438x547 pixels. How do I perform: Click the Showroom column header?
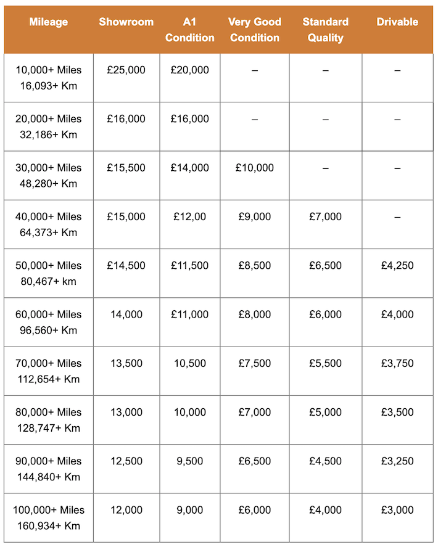[126, 22]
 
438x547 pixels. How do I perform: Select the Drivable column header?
[397, 22]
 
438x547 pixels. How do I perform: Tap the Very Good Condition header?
[255, 30]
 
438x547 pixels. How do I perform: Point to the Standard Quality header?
[325, 30]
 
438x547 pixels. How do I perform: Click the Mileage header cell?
[48, 22]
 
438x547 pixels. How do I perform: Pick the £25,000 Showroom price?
[126, 70]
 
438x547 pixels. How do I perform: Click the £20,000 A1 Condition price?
[190, 70]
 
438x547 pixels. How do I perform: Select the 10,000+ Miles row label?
[48, 78]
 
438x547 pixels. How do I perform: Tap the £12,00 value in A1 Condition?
[190, 216]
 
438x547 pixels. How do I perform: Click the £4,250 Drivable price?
[397, 266]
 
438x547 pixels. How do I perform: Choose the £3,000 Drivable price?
[397, 510]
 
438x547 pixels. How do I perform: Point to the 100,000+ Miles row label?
[48, 518]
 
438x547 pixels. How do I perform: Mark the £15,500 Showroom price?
[126, 168]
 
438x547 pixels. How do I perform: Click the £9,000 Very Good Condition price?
[255, 216]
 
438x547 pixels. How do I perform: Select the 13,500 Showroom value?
[126, 363]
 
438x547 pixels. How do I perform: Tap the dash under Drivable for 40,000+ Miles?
[397, 217]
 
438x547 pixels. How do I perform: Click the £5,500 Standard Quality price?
[325, 363]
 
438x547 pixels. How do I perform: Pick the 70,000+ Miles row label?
[48, 371]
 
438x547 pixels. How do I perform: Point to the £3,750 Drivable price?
[397, 363]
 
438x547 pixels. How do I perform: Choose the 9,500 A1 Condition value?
[190, 461]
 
